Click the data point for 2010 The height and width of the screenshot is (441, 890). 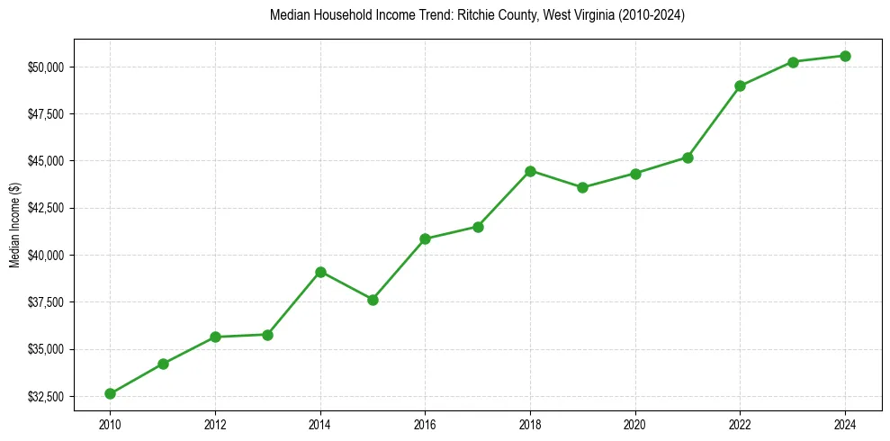[110, 393]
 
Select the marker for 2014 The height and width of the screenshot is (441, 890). [320, 272]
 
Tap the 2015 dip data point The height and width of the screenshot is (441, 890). [373, 300]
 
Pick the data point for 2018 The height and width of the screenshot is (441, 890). [530, 171]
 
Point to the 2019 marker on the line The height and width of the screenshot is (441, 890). [582, 187]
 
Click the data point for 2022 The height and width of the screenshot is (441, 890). [740, 86]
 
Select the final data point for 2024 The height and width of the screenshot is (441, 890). [845, 56]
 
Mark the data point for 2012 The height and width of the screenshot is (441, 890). [215, 337]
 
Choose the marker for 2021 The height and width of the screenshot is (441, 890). [688, 157]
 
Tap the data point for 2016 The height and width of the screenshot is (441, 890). [425, 238]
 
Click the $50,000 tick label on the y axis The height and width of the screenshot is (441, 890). [45, 67]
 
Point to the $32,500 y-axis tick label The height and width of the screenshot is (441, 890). [45, 397]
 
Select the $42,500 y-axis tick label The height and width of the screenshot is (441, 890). [45, 208]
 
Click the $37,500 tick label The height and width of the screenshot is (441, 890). [45, 302]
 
